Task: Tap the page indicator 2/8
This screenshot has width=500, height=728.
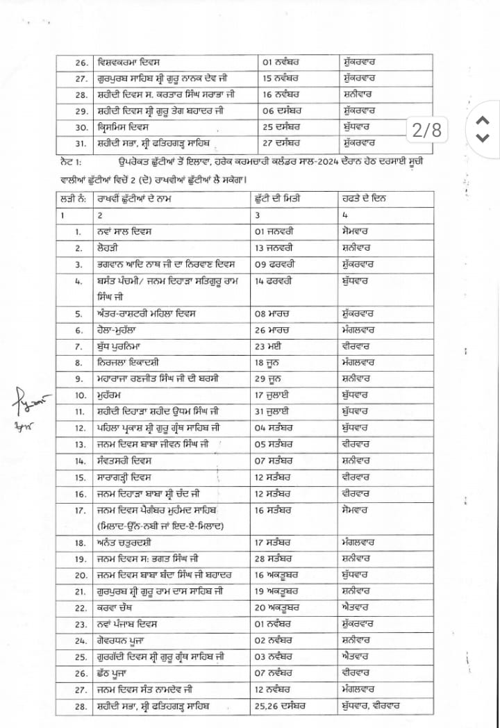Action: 426,129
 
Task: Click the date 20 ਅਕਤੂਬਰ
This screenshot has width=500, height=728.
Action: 281,608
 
